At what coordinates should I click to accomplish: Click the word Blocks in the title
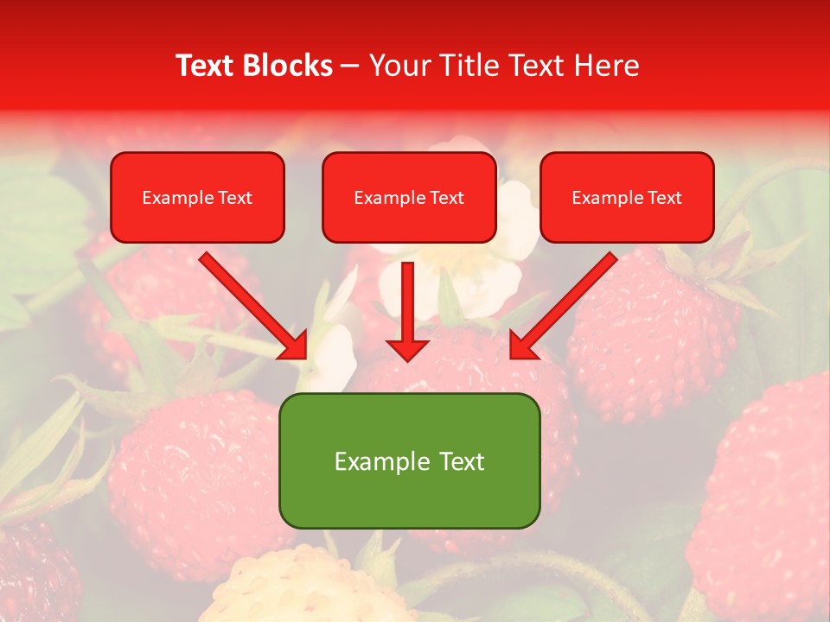(x=289, y=66)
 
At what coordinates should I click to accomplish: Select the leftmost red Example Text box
(x=197, y=197)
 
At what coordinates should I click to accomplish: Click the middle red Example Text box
(x=409, y=197)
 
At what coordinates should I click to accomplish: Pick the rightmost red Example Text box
(x=627, y=197)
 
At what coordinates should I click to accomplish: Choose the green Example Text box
(x=410, y=460)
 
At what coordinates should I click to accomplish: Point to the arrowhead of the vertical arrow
(x=407, y=349)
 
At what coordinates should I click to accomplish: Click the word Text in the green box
(x=461, y=461)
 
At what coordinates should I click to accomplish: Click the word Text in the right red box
(x=665, y=198)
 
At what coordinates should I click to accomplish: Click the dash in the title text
(x=350, y=67)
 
